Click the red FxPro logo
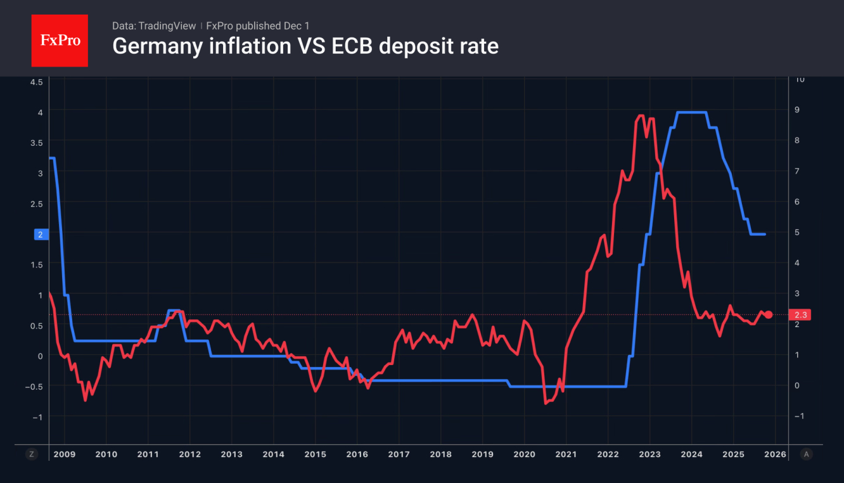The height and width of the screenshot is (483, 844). [60, 41]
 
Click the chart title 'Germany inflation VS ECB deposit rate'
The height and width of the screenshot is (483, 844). [305, 46]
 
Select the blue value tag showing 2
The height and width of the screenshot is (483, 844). [41, 235]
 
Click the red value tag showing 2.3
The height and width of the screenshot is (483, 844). [802, 315]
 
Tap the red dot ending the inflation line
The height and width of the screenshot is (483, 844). [769, 314]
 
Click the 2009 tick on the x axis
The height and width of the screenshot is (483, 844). [64, 454]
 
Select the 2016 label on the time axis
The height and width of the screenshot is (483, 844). [357, 454]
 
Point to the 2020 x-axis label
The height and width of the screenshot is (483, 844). [524, 454]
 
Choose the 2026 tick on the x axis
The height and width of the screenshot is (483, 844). [775, 454]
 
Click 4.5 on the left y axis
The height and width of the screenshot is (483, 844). [36, 82]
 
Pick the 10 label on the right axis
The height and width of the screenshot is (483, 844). [800, 79]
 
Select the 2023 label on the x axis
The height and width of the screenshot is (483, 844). [649, 454]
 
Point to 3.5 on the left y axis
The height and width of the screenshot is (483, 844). [36, 143]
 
